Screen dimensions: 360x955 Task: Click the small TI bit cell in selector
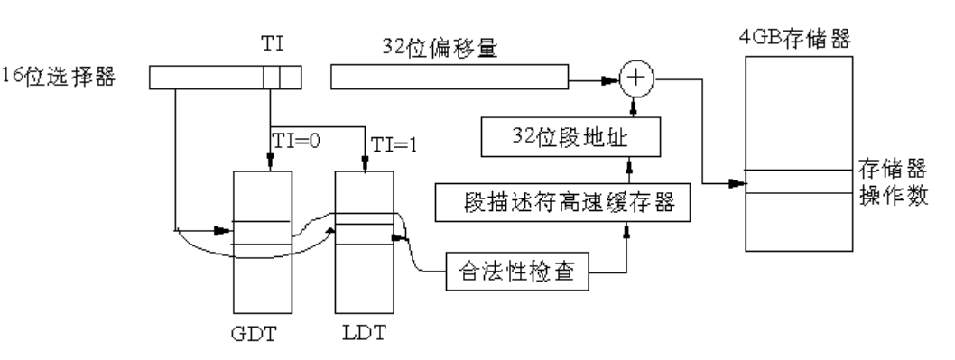tap(272, 79)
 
